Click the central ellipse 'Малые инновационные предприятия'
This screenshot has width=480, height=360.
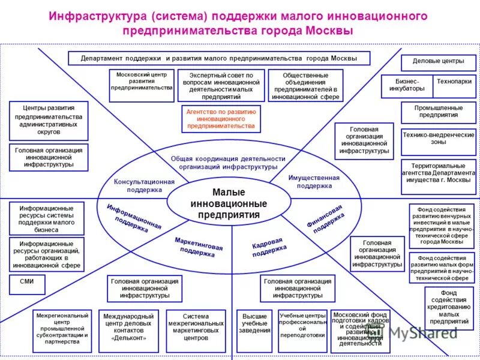click(x=229, y=203)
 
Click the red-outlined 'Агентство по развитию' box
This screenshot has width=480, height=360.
click(x=221, y=119)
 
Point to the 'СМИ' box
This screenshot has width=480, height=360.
click(x=27, y=281)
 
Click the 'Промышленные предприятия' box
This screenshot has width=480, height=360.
click(x=438, y=111)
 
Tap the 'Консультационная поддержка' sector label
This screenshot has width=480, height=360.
click(x=144, y=185)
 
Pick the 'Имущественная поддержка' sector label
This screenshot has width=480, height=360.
click(x=314, y=182)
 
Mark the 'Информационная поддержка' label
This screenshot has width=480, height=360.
click(x=133, y=218)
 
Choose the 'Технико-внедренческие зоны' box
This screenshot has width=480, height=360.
click(x=438, y=139)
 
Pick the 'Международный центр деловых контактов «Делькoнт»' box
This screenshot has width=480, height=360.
click(x=128, y=330)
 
